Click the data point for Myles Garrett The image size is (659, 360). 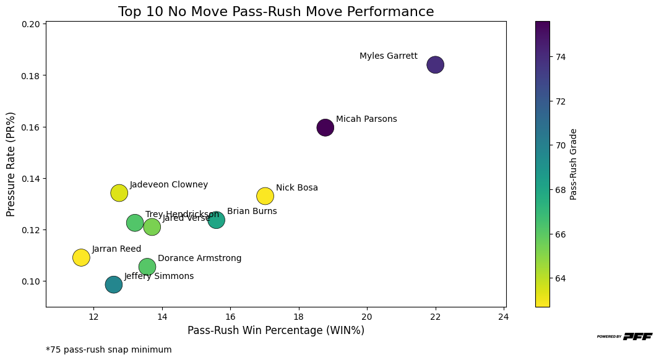click(436, 64)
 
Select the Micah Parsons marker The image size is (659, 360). click(325, 127)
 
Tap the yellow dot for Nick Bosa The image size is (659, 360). click(265, 196)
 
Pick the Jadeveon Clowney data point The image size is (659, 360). click(119, 193)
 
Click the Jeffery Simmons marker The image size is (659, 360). click(113, 285)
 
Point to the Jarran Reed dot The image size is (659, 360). click(81, 257)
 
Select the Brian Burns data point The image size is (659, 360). click(217, 220)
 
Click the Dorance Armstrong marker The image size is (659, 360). click(147, 267)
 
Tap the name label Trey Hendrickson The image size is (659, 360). click(182, 215)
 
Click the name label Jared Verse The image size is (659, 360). click(186, 218)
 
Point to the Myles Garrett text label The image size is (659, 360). click(388, 56)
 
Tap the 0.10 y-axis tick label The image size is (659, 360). click(32, 281)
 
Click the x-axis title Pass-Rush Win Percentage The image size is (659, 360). click(275, 331)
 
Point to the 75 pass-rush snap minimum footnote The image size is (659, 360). click(109, 349)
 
